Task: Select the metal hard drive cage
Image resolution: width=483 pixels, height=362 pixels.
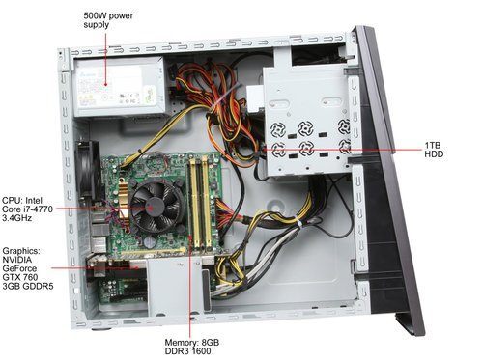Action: tap(307, 125)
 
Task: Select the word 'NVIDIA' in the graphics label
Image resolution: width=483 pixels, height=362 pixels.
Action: tap(21, 259)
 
